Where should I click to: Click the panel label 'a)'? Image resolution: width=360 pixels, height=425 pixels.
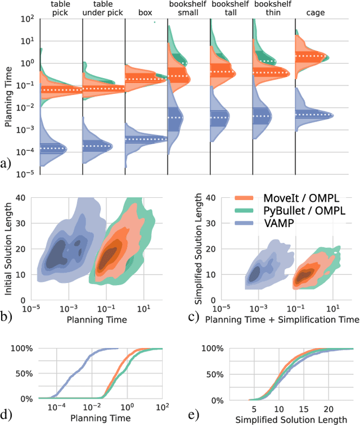click(6, 164)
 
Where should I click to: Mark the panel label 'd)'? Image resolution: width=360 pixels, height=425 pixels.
click(6, 415)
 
